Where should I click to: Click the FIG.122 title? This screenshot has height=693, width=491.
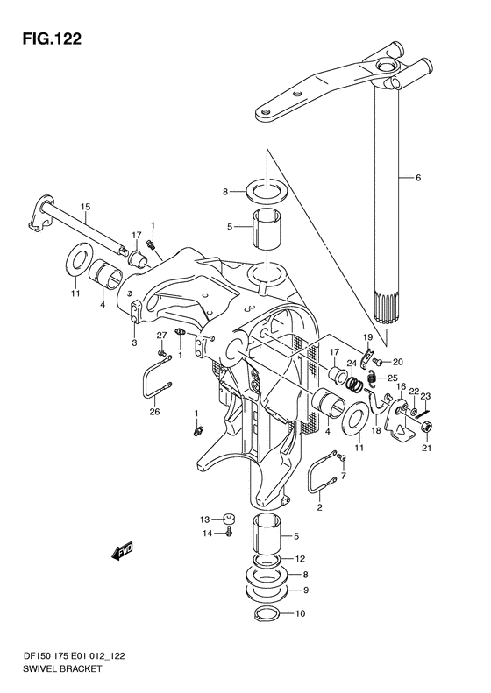[53, 39]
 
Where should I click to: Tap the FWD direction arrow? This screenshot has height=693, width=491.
[122, 551]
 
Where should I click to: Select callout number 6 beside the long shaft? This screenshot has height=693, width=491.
[417, 178]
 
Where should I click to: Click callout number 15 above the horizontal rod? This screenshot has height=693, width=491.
[85, 207]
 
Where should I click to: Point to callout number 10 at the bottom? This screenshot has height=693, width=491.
[301, 613]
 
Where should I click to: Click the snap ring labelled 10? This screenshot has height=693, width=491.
[267, 614]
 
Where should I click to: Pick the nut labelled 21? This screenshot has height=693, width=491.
[426, 427]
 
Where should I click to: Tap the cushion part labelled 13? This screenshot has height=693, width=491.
[228, 520]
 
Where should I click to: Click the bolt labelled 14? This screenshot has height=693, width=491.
[229, 533]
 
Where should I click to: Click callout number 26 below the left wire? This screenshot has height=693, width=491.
[155, 412]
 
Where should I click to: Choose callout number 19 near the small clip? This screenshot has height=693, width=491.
[368, 337]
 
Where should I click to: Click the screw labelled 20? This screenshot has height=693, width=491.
[377, 362]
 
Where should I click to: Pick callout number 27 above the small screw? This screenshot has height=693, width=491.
[161, 335]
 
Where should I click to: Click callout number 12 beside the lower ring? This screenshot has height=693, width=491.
[300, 559]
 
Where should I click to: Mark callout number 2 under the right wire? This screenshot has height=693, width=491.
[319, 507]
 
